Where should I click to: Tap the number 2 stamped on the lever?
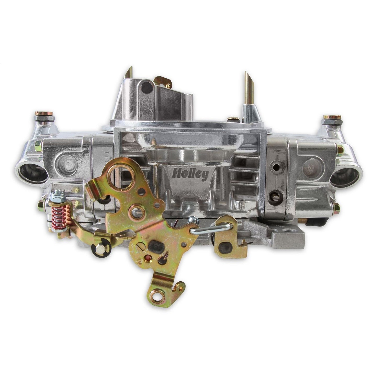coord(140,262)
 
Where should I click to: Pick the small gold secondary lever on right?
coord(230,239)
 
